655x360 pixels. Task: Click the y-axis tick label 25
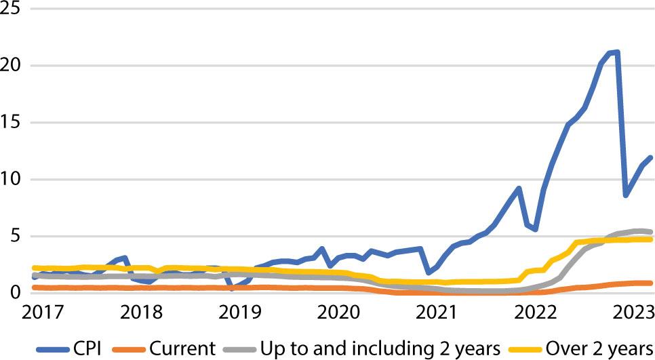point(12,9)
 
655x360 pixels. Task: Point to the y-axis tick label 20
point(12,66)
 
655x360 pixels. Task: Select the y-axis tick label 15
point(12,123)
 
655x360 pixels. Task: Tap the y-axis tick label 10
point(12,180)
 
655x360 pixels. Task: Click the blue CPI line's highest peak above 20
point(616,52)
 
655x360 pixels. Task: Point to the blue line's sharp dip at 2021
point(429,273)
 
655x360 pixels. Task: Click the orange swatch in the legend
point(130,348)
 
